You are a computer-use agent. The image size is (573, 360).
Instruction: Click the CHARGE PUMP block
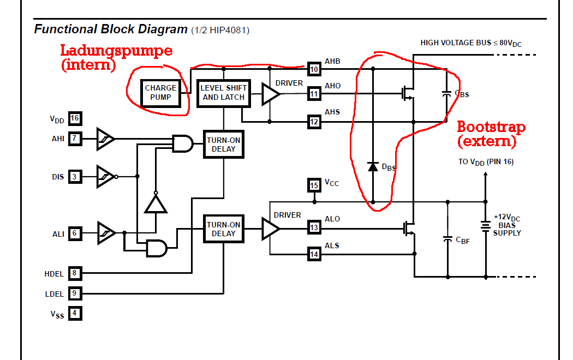click(x=160, y=92)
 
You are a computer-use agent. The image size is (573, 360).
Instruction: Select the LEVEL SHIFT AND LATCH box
click(x=223, y=92)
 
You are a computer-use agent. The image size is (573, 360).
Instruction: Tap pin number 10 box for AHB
click(x=314, y=69)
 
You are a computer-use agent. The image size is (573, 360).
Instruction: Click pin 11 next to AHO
click(x=314, y=94)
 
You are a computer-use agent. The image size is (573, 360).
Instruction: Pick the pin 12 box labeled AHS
click(x=314, y=122)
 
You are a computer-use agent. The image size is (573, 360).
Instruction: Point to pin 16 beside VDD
click(x=75, y=118)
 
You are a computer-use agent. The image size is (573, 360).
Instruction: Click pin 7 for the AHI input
click(x=75, y=139)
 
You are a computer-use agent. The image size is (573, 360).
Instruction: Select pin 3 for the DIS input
click(x=75, y=176)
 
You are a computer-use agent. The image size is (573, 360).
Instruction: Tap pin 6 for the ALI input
click(x=75, y=233)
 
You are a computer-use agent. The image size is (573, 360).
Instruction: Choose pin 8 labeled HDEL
click(x=75, y=273)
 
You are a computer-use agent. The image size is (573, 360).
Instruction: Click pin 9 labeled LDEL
click(x=75, y=293)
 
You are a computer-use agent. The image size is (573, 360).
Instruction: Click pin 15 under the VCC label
click(x=314, y=185)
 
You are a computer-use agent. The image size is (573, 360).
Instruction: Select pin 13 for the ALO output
click(x=314, y=228)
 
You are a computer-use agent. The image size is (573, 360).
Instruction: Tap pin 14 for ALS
click(x=314, y=253)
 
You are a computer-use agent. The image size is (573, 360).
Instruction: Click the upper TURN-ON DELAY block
click(x=223, y=145)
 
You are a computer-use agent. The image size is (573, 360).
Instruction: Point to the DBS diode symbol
click(x=373, y=166)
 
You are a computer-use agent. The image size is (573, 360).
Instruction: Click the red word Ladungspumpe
click(x=116, y=51)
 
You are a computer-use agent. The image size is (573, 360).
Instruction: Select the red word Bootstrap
click(x=491, y=128)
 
